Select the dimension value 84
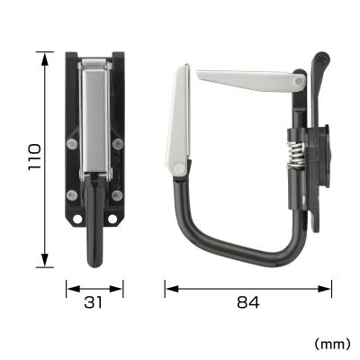point(249,304)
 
